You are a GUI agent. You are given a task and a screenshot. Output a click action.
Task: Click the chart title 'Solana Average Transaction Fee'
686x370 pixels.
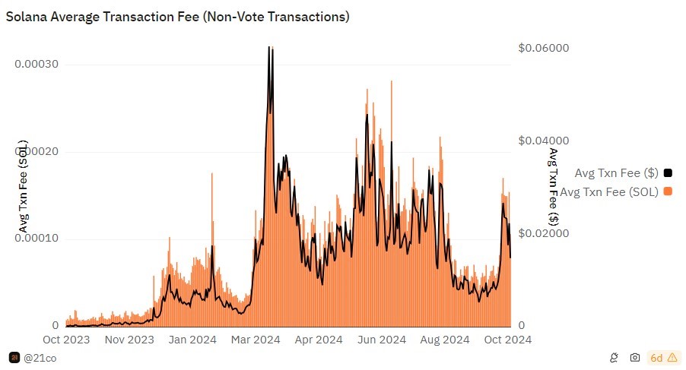point(177,17)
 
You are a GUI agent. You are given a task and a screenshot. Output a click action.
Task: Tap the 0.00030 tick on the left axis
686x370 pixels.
point(37,65)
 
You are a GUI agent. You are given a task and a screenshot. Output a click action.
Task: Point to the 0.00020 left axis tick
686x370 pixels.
point(37,152)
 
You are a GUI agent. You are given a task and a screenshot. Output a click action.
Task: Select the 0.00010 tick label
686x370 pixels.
point(37,239)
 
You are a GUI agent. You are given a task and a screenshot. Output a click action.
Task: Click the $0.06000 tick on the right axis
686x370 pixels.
point(543,49)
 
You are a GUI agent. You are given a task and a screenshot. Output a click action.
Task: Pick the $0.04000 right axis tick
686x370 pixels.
point(543,141)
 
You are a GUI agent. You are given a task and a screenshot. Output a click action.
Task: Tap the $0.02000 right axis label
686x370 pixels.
point(543,234)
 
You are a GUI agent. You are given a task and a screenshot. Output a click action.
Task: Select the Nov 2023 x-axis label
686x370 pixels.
point(129,340)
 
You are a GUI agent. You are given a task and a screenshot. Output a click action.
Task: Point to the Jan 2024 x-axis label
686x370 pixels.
point(192,340)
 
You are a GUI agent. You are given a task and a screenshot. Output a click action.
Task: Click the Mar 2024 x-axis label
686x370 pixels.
point(256,340)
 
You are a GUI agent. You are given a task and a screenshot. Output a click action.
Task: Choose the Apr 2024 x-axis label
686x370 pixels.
point(318,340)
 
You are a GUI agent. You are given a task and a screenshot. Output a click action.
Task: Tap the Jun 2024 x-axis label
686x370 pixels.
point(381,340)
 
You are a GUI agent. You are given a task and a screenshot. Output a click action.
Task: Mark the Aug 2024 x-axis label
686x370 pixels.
point(444,340)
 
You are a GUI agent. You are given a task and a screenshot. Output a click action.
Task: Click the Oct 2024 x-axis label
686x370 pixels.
point(506,340)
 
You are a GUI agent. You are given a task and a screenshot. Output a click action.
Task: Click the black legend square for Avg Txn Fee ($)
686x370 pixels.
point(668,172)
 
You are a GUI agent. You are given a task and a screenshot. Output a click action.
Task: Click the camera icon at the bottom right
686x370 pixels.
point(635,357)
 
